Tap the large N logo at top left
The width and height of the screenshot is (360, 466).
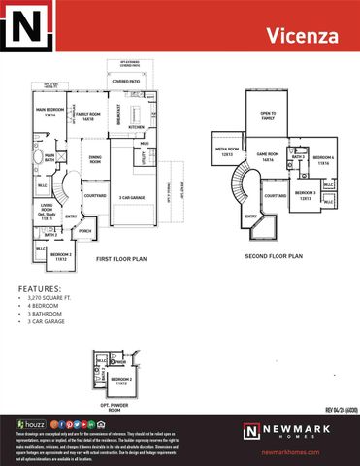[x=25, y=25]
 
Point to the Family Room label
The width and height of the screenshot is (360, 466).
[x=88, y=116]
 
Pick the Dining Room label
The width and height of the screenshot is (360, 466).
[x=95, y=161]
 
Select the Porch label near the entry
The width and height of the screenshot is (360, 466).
[x=84, y=231]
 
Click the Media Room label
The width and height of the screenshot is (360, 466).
[x=226, y=151]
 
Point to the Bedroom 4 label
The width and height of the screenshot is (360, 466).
[x=323, y=160]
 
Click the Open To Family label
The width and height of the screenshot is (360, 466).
[x=267, y=116]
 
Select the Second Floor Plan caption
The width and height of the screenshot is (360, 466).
[x=273, y=256]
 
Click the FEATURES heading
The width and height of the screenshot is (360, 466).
[x=39, y=289]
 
